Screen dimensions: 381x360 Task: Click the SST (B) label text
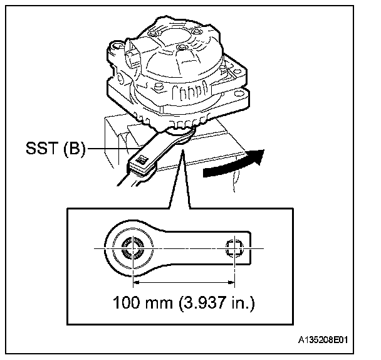click(x=55, y=151)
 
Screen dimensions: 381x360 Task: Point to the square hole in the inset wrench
click(x=233, y=248)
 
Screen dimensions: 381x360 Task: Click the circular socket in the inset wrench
click(x=133, y=250)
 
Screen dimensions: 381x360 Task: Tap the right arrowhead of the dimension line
click(x=229, y=283)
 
